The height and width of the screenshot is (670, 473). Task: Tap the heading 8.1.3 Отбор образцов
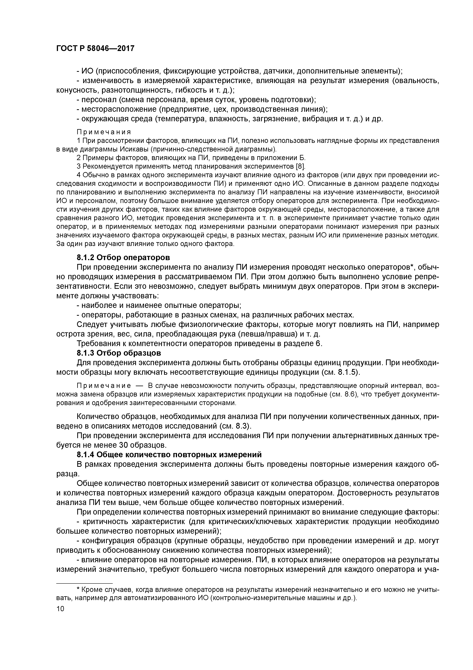pyautogui.click(x=119, y=353)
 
